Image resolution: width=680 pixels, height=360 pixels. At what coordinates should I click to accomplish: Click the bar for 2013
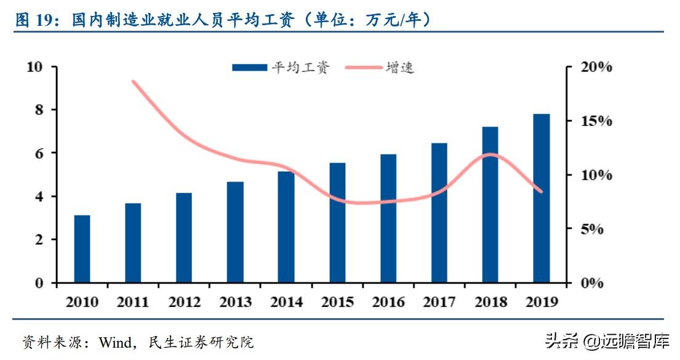[235, 232]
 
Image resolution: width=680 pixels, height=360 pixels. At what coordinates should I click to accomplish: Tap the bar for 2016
[388, 218]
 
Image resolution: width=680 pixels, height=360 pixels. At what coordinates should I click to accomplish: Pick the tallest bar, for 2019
[541, 198]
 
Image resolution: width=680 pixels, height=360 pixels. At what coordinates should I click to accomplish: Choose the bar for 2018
[490, 204]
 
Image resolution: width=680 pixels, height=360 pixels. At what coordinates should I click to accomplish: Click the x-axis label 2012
[184, 302]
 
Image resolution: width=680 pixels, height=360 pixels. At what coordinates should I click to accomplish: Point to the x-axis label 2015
[337, 302]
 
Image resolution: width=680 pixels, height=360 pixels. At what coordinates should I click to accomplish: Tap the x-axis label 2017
[439, 302]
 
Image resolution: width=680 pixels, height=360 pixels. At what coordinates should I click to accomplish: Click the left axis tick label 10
[35, 66]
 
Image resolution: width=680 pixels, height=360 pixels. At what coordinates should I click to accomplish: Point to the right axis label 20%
[597, 67]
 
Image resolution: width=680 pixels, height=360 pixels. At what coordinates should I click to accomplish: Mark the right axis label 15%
[597, 121]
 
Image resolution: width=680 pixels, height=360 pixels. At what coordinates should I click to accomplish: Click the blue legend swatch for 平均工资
[249, 68]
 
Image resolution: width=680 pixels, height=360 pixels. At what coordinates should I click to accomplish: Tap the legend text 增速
[400, 68]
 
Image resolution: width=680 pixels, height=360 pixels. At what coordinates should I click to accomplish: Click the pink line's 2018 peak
[490, 154]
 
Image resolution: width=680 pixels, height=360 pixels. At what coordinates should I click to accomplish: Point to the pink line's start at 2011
[134, 81]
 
